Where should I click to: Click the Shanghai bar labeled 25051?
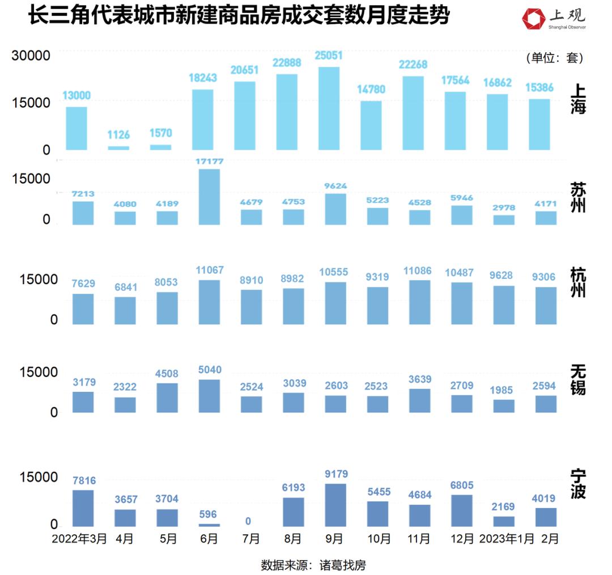pyautogui.click(x=329, y=108)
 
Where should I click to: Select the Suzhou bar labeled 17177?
pyautogui.click(x=209, y=197)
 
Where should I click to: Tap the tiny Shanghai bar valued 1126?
pyautogui.click(x=119, y=148)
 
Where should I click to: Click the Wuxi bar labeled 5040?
pyautogui.click(x=209, y=396)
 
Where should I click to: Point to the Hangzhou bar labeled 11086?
pyautogui.click(x=419, y=302)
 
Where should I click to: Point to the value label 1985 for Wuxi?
pyautogui.click(x=504, y=390)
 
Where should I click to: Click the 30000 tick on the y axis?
pyautogui.click(x=32, y=55)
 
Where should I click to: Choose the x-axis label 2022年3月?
pyautogui.click(x=79, y=539)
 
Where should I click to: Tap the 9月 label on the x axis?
pyautogui.click(x=334, y=539)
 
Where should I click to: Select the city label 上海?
pyautogui.click(x=578, y=98)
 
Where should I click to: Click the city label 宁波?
pyautogui.click(x=578, y=484)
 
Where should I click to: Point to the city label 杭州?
pyautogui.click(x=578, y=282)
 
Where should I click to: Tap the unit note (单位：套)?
pyautogui.click(x=555, y=58)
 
